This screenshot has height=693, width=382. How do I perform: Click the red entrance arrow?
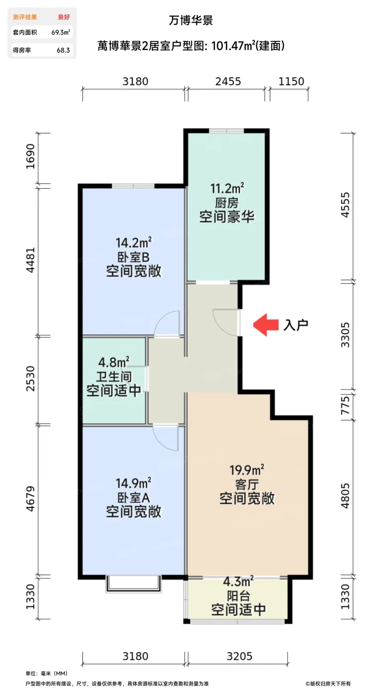263,325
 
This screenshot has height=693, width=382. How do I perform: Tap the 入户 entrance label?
296,325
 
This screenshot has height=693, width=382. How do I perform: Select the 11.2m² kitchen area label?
227,188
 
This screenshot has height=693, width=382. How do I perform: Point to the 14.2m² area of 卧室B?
133,243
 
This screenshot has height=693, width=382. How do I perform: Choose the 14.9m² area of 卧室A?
133,482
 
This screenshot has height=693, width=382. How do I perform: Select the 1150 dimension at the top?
291,82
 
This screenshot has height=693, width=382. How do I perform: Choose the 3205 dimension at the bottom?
239,656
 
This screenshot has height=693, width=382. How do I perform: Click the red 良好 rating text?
63,17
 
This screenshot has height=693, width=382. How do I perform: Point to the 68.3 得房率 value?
63,50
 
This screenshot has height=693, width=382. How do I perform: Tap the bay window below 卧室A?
133,584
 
